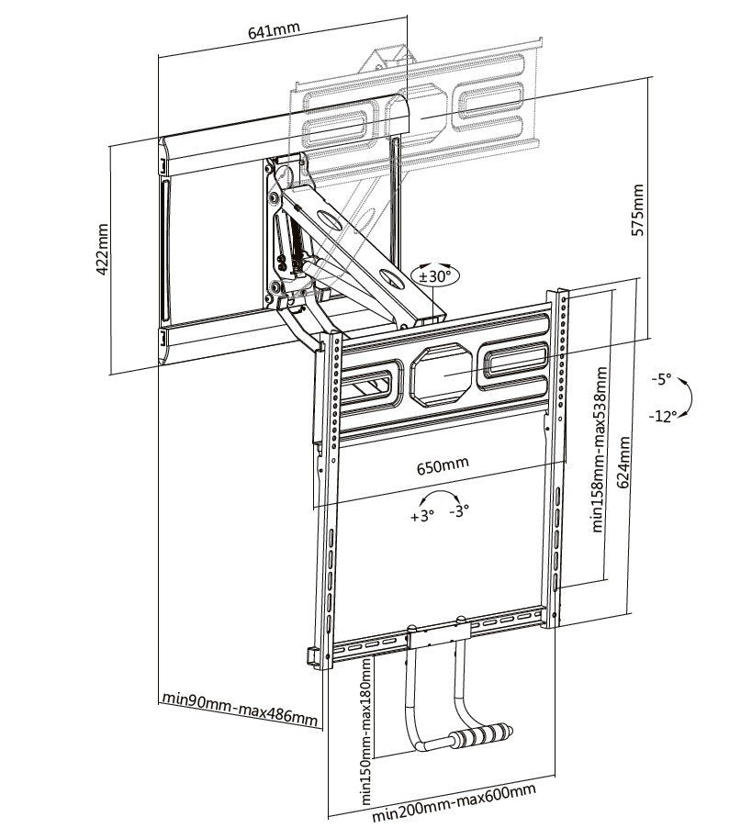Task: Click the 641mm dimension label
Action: pos(274,29)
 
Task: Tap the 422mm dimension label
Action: pos(103,248)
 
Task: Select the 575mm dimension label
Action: pos(638,210)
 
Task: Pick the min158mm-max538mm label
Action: pos(599,450)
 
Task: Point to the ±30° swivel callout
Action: pos(434,275)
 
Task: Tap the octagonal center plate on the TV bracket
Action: pos(444,375)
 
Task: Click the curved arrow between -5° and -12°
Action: pos(689,397)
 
